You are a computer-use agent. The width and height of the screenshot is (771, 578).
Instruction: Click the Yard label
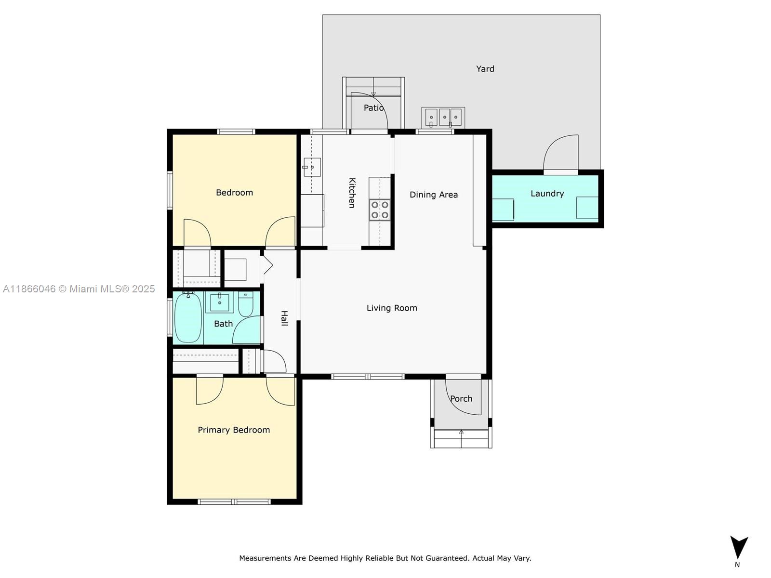pyautogui.click(x=485, y=69)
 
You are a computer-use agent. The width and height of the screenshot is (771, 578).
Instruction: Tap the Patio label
pyautogui.click(x=373, y=108)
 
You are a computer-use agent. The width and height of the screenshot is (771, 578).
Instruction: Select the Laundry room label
pyautogui.click(x=547, y=194)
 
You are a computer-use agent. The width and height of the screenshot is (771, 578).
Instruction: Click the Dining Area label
pyautogui.click(x=433, y=195)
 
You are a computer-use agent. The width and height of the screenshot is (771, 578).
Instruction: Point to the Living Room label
pyautogui.click(x=392, y=308)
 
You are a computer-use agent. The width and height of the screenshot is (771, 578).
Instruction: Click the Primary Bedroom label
pyautogui.click(x=234, y=430)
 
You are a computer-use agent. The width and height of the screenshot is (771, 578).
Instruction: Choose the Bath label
pyautogui.click(x=223, y=324)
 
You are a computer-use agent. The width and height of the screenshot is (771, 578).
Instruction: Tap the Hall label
pyautogui.click(x=284, y=318)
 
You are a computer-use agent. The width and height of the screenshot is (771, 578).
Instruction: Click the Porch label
pyautogui.click(x=461, y=399)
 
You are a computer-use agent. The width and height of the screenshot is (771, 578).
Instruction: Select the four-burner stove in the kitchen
pyautogui.click(x=379, y=210)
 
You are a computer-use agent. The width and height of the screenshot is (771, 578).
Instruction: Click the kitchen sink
pyautogui.click(x=312, y=167)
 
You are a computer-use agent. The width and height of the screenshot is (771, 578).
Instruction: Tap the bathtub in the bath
pyautogui.click(x=188, y=317)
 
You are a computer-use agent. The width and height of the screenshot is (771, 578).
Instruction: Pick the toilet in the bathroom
pyautogui.click(x=245, y=304)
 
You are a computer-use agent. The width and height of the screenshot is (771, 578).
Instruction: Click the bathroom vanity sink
pyautogui.click(x=220, y=302)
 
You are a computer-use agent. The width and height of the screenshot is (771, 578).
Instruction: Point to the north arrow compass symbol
pyautogui.click(x=738, y=549)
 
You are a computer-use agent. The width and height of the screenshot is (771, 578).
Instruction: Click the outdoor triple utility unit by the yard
pyautogui.click(x=443, y=117)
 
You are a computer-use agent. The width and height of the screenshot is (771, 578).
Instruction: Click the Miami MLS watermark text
pyautogui.click(x=79, y=289)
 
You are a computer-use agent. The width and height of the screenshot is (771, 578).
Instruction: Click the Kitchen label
pyautogui.click(x=352, y=193)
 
